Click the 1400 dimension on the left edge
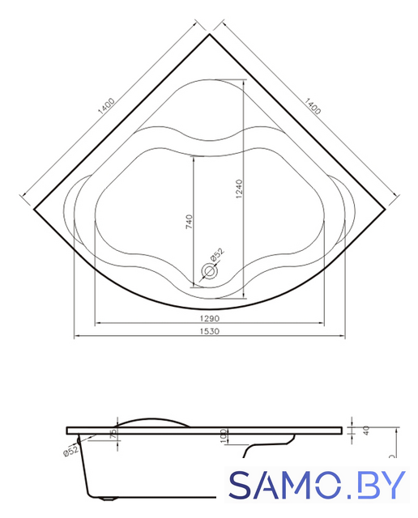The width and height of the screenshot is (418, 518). coord(106,106)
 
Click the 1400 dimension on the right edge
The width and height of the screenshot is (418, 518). coord(313,106)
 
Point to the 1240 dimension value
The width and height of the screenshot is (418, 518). coord(239,189)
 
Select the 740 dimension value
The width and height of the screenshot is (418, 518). coord(189,222)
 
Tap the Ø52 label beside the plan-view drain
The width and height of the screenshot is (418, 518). coord(218,255)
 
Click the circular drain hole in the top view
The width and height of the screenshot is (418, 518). coord(209,271)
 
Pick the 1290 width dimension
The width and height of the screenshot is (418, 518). coord(210,318)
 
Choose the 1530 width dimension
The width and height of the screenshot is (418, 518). coord(210,331)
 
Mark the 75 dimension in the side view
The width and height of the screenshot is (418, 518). coord(113,433)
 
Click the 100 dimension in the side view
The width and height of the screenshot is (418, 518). coord(224,435)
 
